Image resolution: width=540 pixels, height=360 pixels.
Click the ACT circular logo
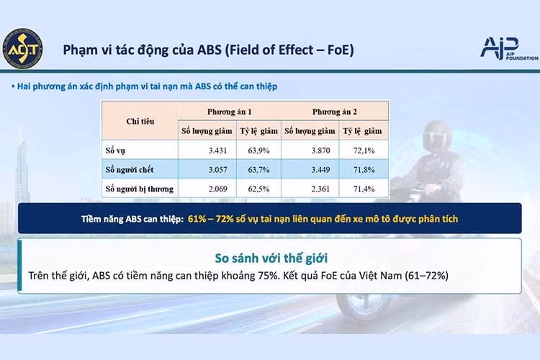pos(23,48)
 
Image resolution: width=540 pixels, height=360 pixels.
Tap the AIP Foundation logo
pos(509,48)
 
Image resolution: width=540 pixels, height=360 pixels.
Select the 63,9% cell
pos(258,150)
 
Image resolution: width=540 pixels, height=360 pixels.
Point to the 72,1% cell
pos(364,150)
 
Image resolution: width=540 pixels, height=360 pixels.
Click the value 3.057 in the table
pos(217,169)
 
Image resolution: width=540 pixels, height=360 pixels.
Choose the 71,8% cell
pos(364,169)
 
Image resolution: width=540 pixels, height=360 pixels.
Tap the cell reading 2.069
pos(217,189)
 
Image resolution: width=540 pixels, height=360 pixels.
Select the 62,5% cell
pos(258,189)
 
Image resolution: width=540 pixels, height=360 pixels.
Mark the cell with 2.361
pos(320,189)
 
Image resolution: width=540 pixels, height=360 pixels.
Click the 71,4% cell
pos(364,189)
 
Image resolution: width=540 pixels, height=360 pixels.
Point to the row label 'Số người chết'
pos(129,169)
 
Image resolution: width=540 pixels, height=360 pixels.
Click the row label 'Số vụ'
pos(115,150)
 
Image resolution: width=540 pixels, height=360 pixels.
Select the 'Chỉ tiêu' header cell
pos(140,121)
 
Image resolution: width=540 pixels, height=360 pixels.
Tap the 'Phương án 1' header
pos(230,112)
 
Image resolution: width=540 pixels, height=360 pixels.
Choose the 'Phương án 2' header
pos(334,112)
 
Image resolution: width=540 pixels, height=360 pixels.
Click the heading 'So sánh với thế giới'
pos(271,258)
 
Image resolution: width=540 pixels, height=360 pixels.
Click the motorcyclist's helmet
pos(437,136)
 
